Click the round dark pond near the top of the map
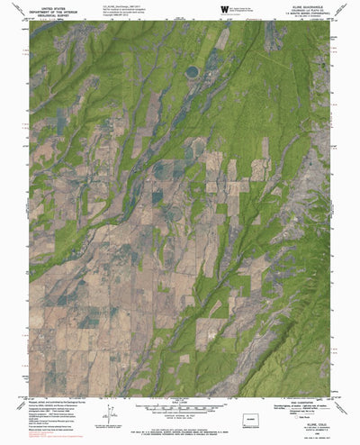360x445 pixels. (192, 71)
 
